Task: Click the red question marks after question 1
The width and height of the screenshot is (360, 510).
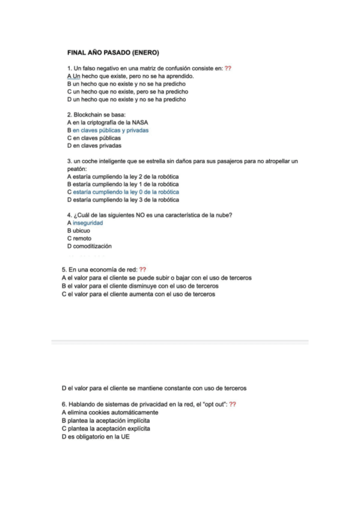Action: point(228,69)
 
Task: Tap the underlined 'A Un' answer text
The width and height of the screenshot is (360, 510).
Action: point(73,76)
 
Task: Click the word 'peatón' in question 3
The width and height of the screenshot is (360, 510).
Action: point(76,169)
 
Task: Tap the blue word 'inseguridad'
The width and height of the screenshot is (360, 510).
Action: point(88,223)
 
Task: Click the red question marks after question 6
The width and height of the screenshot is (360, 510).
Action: point(232,405)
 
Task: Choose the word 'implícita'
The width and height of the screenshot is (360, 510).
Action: point(135,421)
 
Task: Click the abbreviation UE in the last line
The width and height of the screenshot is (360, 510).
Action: point(125,437)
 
